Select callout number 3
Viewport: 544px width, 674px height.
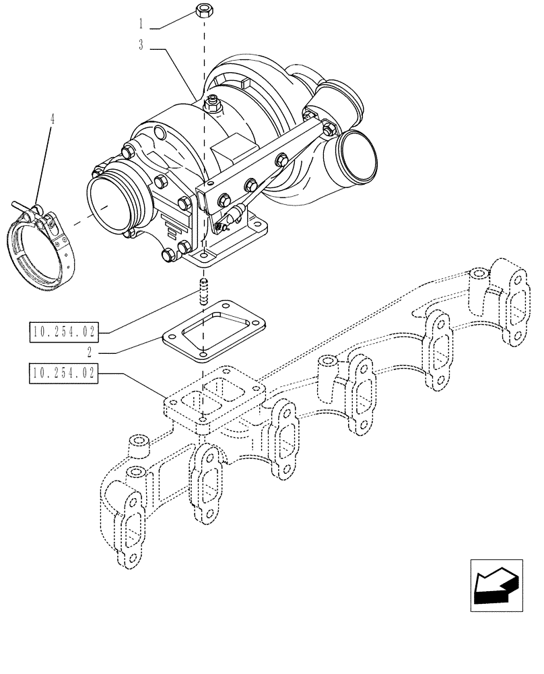(x=141, y=47)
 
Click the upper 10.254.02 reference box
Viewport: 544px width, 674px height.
(x=64, y=331)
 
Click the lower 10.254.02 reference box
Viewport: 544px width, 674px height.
(x=64, y=372)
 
